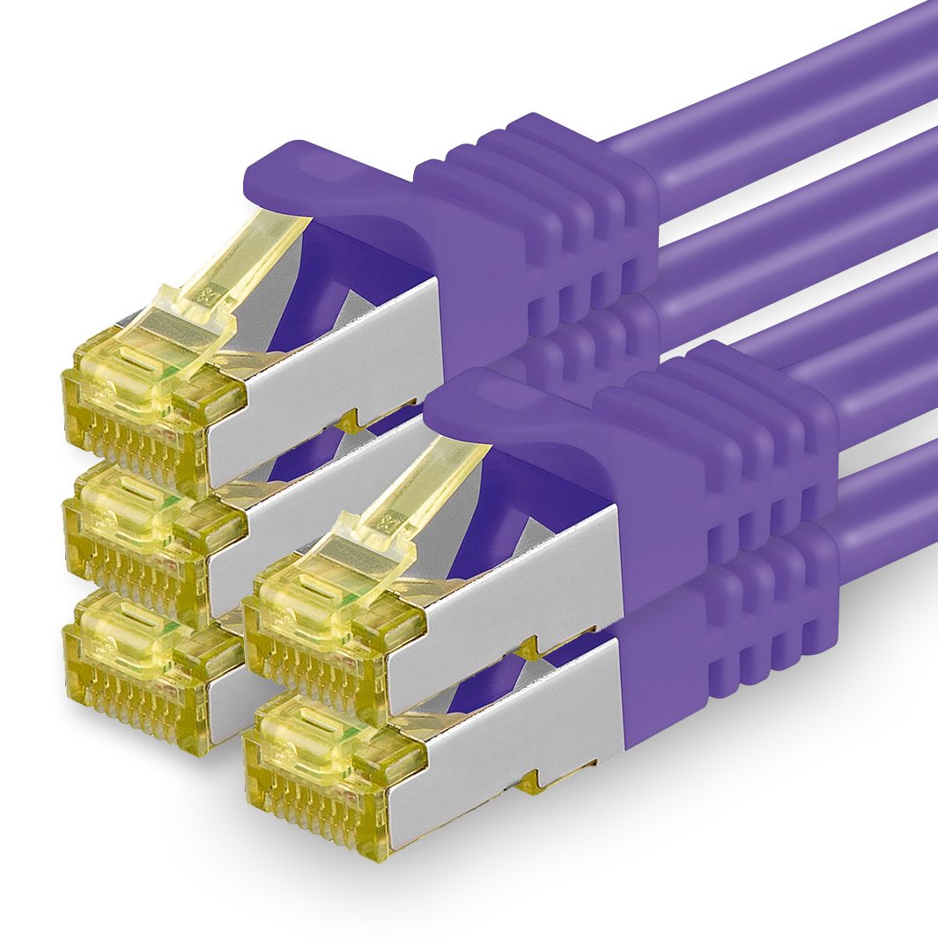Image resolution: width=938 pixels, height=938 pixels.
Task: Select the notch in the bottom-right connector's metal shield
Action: (528, 779)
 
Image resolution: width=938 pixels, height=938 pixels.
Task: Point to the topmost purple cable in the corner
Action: (793, 79)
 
